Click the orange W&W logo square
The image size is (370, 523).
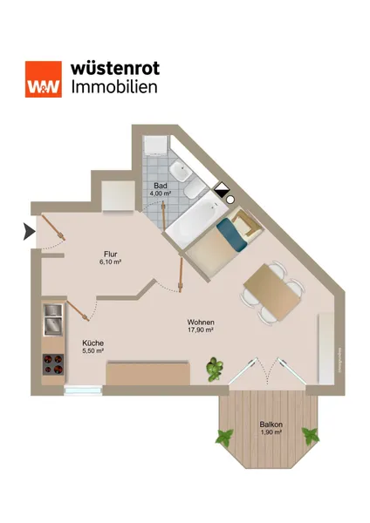tap(44, 79)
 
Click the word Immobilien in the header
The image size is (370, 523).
tap(114, 86)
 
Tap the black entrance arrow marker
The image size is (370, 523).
tap(30, 232)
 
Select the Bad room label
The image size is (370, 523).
tap(161, 186)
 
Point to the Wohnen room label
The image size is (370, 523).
tap(201, 323)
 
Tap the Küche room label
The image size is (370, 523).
tap(92, 343)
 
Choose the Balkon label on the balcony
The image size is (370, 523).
tap(271, 425)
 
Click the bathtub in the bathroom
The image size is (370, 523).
tap(196, 220)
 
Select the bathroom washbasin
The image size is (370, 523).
tap(181, 171)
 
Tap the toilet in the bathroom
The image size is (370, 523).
tap(195, 190)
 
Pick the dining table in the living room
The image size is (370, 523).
tap(272, 291)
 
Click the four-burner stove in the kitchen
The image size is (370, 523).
tap(53, 364)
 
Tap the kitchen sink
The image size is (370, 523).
tap(53, 320)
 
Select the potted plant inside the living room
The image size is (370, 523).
tap(215, 369)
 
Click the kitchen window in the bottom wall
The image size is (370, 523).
tap(83, 391)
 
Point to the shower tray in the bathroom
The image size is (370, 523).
tap(155, 145)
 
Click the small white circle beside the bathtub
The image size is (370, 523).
tap(230, 200)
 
